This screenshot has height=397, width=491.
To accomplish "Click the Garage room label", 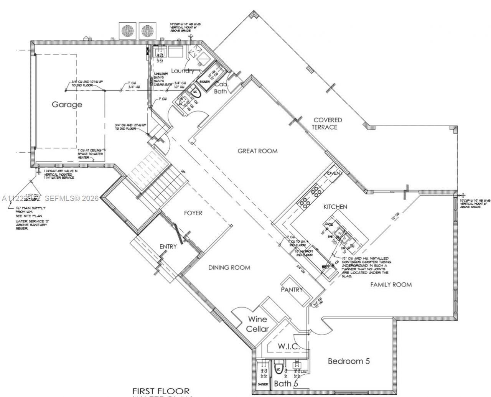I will (x=67, y=104).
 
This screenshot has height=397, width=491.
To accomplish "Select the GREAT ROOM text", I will (x=257, y=151).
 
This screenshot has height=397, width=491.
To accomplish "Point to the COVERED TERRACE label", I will (x=326, y=124).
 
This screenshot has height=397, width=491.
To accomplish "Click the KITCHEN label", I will (x=335, y=207).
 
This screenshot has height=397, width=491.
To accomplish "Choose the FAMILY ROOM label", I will (x=391, y=284).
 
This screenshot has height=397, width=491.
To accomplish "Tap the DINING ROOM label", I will (x=229, y=267).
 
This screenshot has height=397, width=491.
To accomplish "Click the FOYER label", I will (x=193, y=213).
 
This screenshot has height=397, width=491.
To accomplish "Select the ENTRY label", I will (x=168, y=246).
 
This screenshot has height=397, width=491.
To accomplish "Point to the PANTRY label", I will (x=292, y=290).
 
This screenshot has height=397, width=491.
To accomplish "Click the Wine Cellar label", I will (x=257, y=324).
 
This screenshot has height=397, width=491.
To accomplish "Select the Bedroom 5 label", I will (x=349, y=361).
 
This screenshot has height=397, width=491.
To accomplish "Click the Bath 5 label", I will (x=285, y=383).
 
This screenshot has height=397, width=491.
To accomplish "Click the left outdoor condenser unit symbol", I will (x=127, y=30).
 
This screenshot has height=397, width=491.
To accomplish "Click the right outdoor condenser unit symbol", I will (x=147, y=30).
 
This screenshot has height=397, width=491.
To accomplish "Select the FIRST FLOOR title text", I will (x=161, y=391).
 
